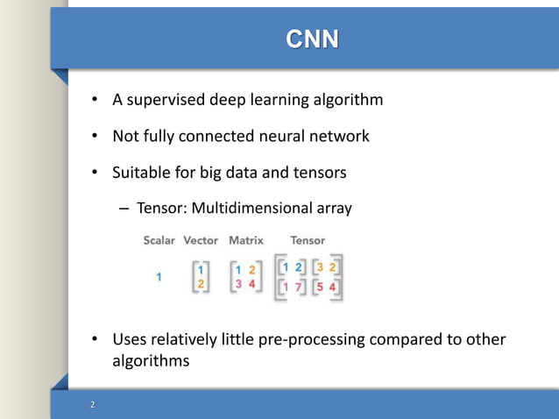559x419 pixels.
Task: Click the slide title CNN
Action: [310, 39]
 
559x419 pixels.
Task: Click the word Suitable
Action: [145, 173]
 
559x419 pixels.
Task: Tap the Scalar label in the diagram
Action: [159, 240]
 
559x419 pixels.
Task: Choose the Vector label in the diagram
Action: [202, 240]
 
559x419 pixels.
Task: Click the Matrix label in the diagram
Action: [245, 240]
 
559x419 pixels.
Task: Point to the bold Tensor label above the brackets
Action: [308, 240]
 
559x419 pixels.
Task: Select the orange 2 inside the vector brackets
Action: [201, 285]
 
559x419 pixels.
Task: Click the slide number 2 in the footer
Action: [91, 406]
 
